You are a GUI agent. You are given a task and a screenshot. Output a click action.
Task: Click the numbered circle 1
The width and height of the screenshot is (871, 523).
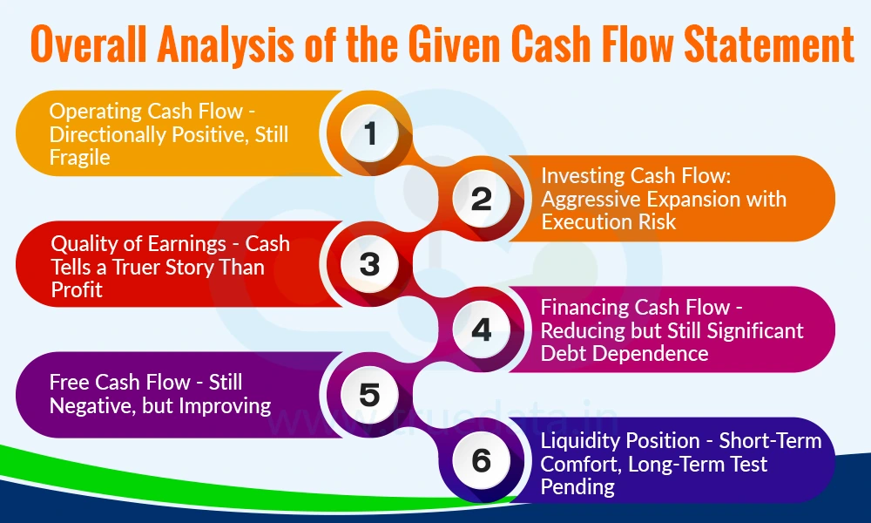[x=369, y=133]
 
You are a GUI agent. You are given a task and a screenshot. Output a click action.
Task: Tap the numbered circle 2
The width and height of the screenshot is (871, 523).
[x=482, y=199]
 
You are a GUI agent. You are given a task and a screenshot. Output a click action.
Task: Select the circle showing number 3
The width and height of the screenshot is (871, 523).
[x=369, y=264]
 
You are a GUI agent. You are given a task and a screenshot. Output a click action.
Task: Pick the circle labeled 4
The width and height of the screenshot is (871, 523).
[x=482, y=329]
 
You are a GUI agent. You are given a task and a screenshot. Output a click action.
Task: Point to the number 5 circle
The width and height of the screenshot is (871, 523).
[x=369, y=395]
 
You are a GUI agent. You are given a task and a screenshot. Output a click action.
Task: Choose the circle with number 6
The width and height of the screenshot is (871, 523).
[x=482, y=459]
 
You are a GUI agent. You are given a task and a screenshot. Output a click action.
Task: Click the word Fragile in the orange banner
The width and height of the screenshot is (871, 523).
[x=79, y=157]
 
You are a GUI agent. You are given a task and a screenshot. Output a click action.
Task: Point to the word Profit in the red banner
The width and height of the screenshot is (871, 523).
[x=77, y=289]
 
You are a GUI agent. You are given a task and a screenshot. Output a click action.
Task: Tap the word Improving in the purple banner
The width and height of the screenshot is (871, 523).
[x=228, y=405]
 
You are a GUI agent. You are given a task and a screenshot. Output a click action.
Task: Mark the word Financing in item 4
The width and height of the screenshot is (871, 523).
[x=585, y=308]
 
